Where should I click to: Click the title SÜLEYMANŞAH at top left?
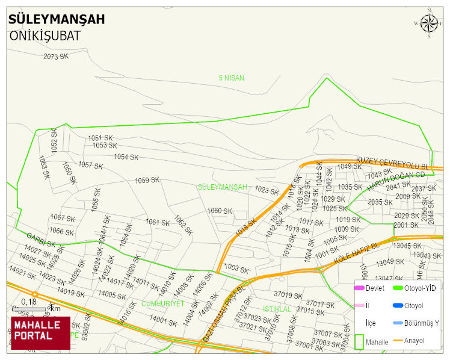pos(57,19)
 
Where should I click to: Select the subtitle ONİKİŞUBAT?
pos(45,36)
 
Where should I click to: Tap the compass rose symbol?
pos(428,23)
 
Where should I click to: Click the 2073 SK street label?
pos(56,57)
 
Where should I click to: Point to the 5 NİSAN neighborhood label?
pos(231,78)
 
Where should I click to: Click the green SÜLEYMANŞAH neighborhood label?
pos(222,187)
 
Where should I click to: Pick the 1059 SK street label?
pos(147,181)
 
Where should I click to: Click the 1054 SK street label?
pos(126,157)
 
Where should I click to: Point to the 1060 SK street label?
pos(219,211)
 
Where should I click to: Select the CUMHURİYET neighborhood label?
pos(162,304)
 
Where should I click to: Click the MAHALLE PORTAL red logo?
pos(40,332)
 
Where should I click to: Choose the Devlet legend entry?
pos(375,288)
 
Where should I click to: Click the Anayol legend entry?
pos(414,341)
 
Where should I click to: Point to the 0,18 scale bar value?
pos(28,301)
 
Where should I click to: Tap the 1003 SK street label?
pos(236,268)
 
